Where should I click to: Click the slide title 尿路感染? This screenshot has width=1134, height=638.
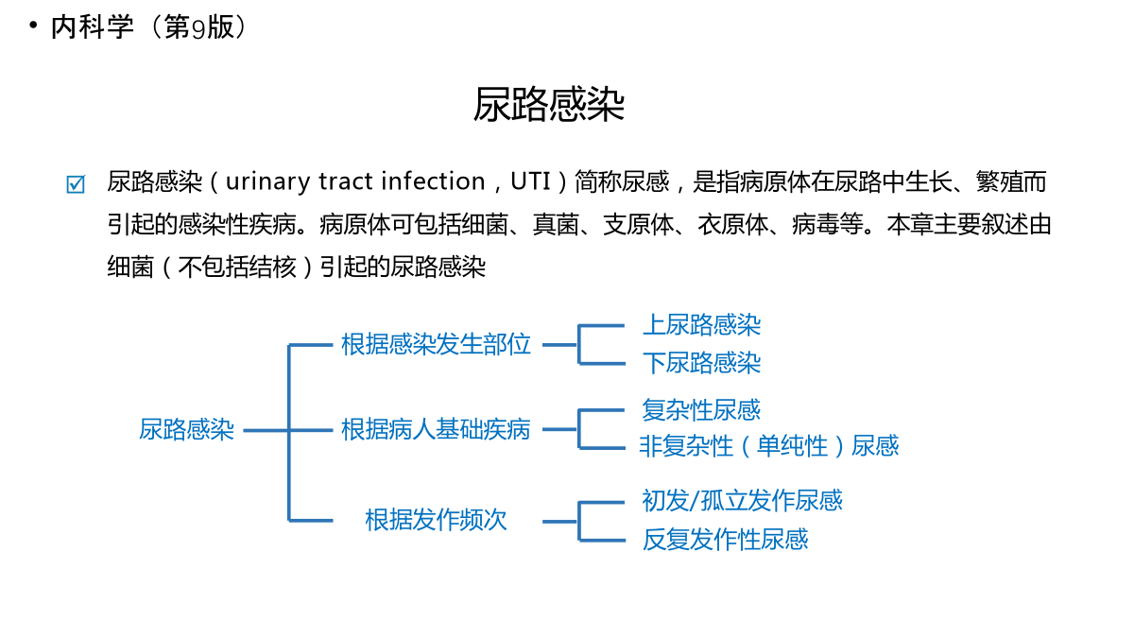coord(549,104)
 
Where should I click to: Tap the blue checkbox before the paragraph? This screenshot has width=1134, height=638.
coord(76,183)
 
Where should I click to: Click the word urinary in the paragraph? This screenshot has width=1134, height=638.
coord(267,182)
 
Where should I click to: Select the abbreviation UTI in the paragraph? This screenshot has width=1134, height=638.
coord(530,181)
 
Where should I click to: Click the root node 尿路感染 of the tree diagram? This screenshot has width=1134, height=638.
coord(186,430)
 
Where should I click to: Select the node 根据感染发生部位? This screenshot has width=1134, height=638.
coord(436,344)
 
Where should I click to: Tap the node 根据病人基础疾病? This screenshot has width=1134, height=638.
coord(436,430)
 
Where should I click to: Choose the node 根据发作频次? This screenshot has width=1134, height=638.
coord(436,520)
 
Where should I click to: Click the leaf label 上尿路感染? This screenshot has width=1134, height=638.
coord(701,324)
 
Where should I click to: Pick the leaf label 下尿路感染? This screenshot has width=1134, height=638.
coord(701,363)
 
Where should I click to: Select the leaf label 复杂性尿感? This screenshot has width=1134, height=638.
coord(701,409)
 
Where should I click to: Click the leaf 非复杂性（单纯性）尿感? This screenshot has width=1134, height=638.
coord(769,446)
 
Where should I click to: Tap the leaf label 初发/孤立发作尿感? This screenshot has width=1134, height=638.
coord(742,501)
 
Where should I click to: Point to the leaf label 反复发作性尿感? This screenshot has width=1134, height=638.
coord(726,540)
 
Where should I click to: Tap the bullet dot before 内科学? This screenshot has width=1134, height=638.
coord(33,25)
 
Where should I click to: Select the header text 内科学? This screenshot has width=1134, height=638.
coord(93,26)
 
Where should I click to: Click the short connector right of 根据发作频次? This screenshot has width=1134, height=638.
coord(559,521)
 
